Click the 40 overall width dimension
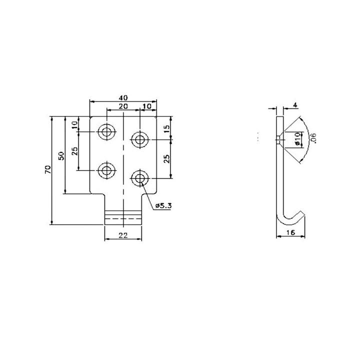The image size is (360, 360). tap(123, 97)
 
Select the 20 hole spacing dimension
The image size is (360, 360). tap(123, 107)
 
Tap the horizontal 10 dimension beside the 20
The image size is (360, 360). tap(148, 107)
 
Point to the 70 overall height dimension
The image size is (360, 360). tap(47, 169)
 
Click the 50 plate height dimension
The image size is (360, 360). tap(61, 155)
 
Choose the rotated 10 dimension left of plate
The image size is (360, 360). tap(75, 125)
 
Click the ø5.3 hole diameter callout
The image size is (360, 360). tap(163, 205)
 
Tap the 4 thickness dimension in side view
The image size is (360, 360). tap(295, 105)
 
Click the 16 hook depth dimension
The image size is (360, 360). tap(290, 232)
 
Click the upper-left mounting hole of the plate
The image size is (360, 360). tap(106, 132)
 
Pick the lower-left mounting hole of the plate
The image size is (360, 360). tap(106, 171)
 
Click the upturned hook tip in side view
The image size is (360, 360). tap(302, 214)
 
